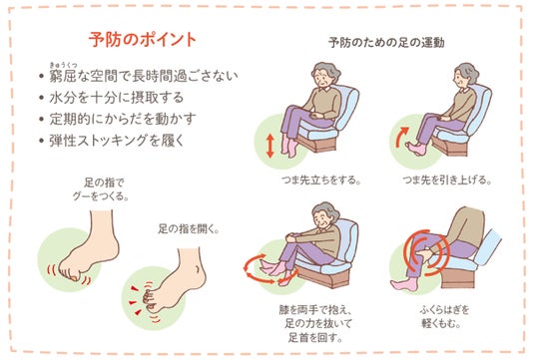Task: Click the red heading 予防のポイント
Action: click(x=143, y=39)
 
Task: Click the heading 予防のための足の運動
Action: click(x=386, y=43)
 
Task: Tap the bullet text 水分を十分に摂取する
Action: click(x=117, y=98)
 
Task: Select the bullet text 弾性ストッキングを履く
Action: click(x=117, y=141)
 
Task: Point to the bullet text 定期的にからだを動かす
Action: click(x=123, y=119)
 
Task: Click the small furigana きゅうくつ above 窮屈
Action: click(x=64, y=65)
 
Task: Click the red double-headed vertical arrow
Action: click(x=269, y=146)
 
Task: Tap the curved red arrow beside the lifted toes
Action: click(x=401, y=137)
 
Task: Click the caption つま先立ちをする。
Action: click(x=321, y=180)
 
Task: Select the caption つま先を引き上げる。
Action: click(x=447, y=180)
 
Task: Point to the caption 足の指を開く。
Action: click(x=189, y=228)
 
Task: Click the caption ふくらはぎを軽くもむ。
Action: click(x=444, y=316)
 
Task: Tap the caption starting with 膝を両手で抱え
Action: click(x=315, y=323)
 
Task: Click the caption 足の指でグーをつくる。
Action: click(x=101, y=189)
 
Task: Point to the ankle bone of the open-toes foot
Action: click(x=198, y=268)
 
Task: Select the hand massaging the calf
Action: click(x=426, y=254)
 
